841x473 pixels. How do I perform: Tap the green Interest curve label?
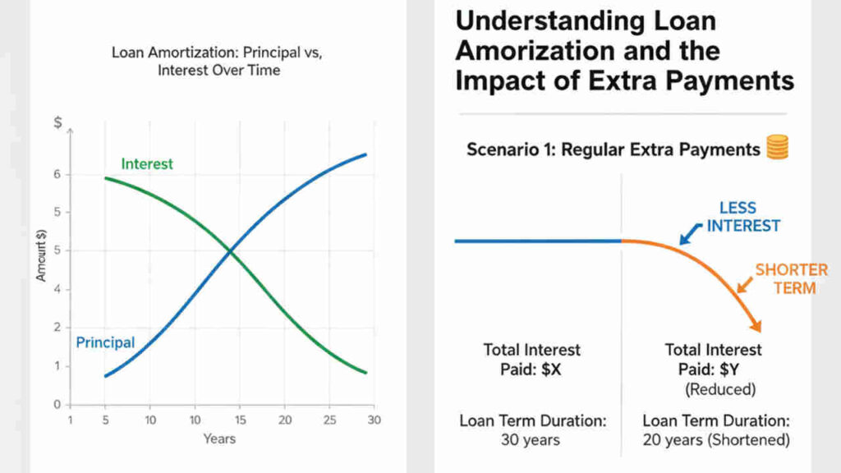[147, 163]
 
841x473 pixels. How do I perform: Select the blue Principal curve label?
[105, 342]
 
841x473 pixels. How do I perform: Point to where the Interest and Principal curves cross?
[231, 250]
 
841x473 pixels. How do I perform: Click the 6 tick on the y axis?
[57, 174]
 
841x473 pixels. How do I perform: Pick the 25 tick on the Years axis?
[329, 420]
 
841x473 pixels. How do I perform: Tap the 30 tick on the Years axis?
[374, 420]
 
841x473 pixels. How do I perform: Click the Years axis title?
[219, 439]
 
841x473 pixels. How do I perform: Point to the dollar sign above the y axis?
[57, 123]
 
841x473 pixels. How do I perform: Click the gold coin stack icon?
[777, 148]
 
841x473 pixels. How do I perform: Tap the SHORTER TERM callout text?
[791, 279]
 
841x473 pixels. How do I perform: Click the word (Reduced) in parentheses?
[719, 388]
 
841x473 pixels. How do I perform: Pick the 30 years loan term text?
[531, 439]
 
